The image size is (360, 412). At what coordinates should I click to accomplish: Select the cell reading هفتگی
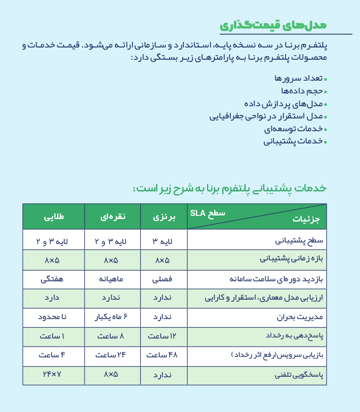click(x=53, y=279)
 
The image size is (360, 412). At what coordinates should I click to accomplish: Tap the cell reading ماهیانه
click(x=112, y=279)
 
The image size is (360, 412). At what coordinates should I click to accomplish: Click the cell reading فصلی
click(x=164, y=279)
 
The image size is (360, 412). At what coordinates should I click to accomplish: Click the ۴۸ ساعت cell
click(x=164, y=355)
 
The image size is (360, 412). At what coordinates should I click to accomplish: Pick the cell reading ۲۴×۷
click(x=53, y=375)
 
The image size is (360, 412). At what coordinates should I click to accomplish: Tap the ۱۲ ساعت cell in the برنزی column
click(x=164, y=336)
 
